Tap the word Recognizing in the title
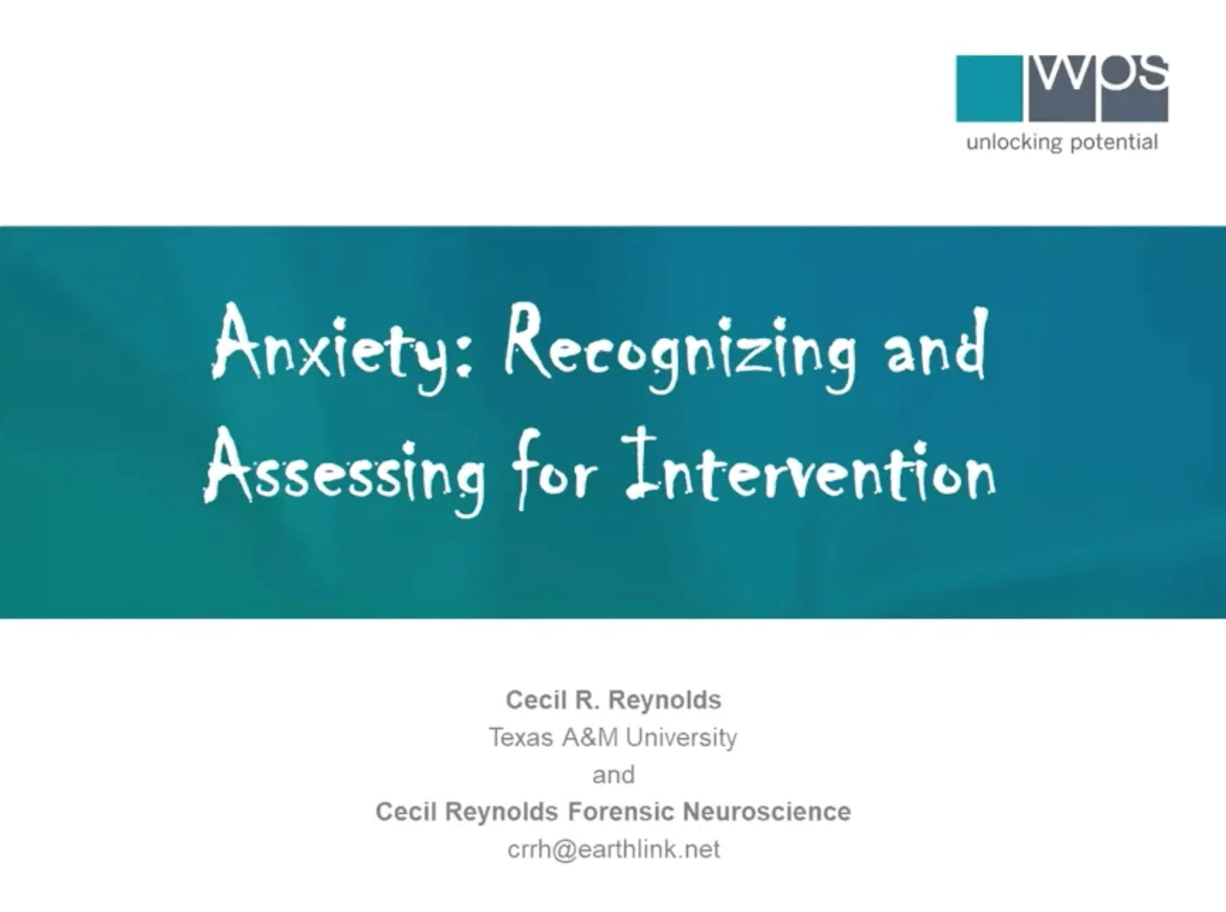(680, 347)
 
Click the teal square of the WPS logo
(989, 89)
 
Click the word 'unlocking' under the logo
(1014, 142)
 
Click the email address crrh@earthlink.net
(614, 849)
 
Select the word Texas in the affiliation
(521, 738)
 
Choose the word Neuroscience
(767, 811)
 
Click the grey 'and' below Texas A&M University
(614, 775)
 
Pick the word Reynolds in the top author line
(665, 701)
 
